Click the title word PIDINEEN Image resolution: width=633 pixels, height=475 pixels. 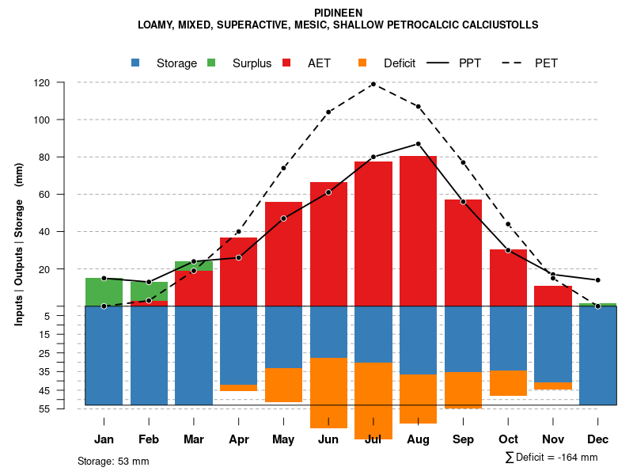(338, 13)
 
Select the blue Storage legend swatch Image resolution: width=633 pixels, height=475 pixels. (136, 63)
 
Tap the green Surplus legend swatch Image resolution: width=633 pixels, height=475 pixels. (212, 63)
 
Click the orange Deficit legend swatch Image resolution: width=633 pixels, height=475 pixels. (363, 63)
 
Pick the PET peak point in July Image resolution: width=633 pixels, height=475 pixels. (373, 84)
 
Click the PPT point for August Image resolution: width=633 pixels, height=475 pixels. (418, 144)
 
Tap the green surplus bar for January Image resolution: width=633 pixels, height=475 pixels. (104, 291)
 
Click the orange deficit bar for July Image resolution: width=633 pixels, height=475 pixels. (373, 401)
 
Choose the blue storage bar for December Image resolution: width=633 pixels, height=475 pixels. (597, 355)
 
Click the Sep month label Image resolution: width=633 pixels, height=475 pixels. (463, 439)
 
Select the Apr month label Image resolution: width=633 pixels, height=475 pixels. (238, 439)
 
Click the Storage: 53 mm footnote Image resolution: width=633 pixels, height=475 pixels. (113, 461)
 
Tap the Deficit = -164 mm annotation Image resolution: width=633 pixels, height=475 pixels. (552, 458)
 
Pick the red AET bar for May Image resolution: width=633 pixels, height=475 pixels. (283, 254)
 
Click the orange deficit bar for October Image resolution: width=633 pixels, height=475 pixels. (508, 383)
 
